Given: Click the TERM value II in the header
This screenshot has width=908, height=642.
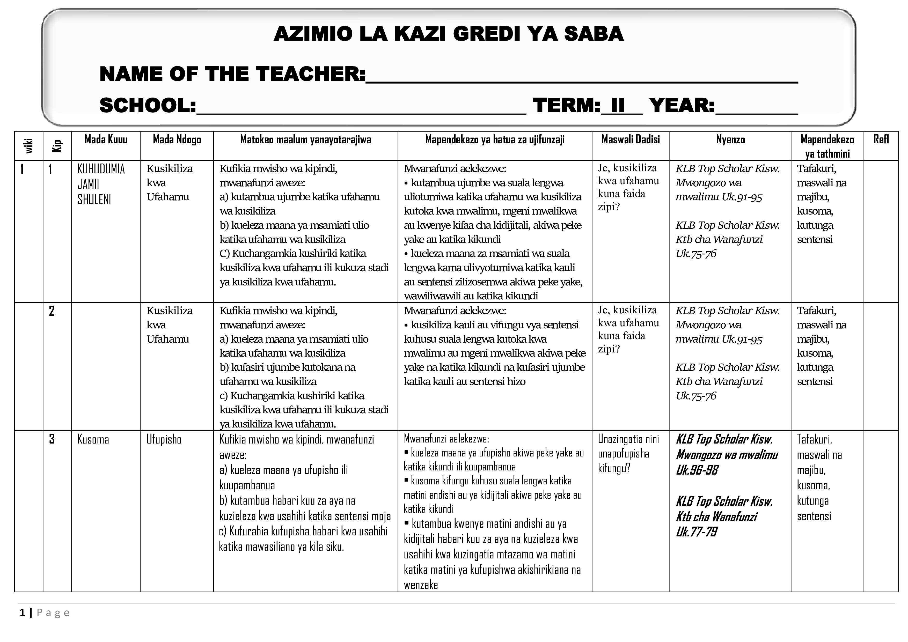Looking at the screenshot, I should (x=618, y=106).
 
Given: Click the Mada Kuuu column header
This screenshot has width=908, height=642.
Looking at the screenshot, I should (x=106, y=139).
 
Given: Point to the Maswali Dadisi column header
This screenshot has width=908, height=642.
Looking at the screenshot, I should (x=630, y=139).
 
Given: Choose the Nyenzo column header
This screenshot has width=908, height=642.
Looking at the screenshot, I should (x=730, y=139).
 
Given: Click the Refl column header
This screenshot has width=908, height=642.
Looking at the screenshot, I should (x=881, y=139).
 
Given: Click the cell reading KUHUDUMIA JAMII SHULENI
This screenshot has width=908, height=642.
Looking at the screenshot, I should (x=101, y=184).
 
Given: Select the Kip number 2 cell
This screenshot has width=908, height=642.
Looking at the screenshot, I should (x=52, y=311).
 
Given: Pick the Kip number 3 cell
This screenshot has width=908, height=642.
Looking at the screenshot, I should (x=52, y=439).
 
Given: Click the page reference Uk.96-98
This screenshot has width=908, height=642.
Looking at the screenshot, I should (x=697, y=470).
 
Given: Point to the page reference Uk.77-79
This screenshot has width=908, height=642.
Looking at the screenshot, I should (x=697, y=532).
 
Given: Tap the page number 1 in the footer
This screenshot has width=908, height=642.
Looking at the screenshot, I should (x=23, y=613).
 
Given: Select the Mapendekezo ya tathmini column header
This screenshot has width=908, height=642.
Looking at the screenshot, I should (x=827, y=146).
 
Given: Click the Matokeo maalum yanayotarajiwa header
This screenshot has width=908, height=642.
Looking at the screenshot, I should (x=305, y=139).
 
